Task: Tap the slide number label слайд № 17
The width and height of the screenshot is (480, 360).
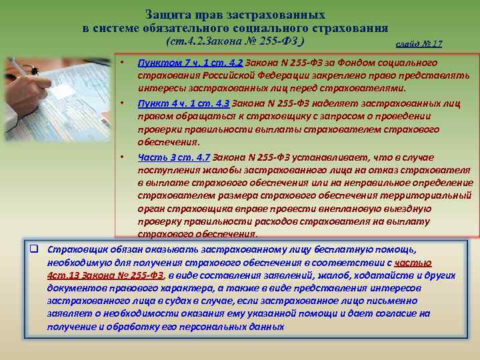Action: click(419, 45)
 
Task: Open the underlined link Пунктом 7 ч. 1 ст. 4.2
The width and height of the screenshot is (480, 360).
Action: click(191, 63)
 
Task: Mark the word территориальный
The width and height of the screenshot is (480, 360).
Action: click(427, 195)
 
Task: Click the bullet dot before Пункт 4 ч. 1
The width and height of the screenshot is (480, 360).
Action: click(124, 103)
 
